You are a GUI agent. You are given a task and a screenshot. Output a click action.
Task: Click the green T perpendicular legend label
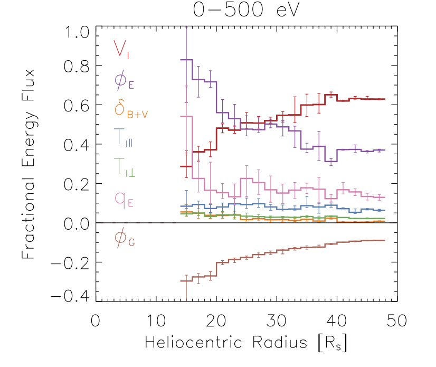[x=124, y=169]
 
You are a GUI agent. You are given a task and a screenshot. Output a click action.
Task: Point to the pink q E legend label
[x=125, y=199]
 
